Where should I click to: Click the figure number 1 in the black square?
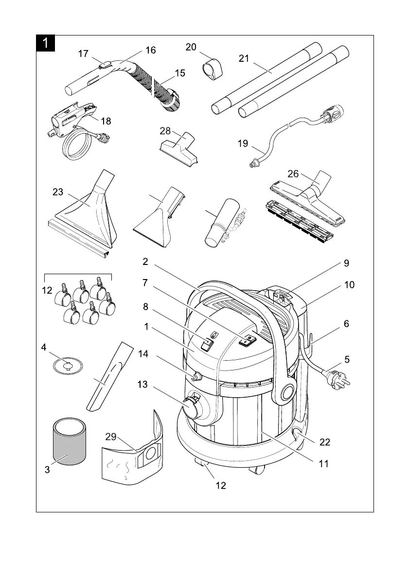45,43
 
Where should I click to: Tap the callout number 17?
84,54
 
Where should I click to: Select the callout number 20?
191,47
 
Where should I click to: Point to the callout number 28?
165,131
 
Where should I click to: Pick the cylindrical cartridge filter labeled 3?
69,442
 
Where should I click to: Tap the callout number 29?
111,437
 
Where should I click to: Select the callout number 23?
58,192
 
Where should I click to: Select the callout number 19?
243,143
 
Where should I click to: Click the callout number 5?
347,360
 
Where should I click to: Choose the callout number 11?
324,464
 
